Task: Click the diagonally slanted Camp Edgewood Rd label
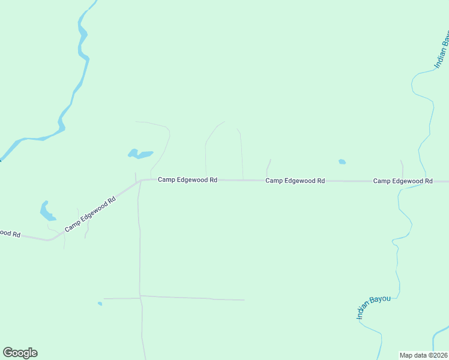pos(90,214)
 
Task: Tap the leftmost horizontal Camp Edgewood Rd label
pos(187,180)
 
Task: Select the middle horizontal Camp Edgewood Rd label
pos(295,181)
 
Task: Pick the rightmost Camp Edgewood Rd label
pos(403,181)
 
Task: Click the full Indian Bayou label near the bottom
pos(372,306)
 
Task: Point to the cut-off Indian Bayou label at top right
pos(442,51)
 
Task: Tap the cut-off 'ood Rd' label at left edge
pos(10,233)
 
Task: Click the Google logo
pos(20,353)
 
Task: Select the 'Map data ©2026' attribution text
pos(423,355)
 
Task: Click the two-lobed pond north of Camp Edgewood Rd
pos(140,154)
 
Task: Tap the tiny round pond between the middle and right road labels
pos(342,161)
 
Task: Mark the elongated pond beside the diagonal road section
pos(46,211)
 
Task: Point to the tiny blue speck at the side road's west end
pos(100,304)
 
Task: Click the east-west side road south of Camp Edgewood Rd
pos(192,298)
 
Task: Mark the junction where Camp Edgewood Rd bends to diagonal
pos(139,180)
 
